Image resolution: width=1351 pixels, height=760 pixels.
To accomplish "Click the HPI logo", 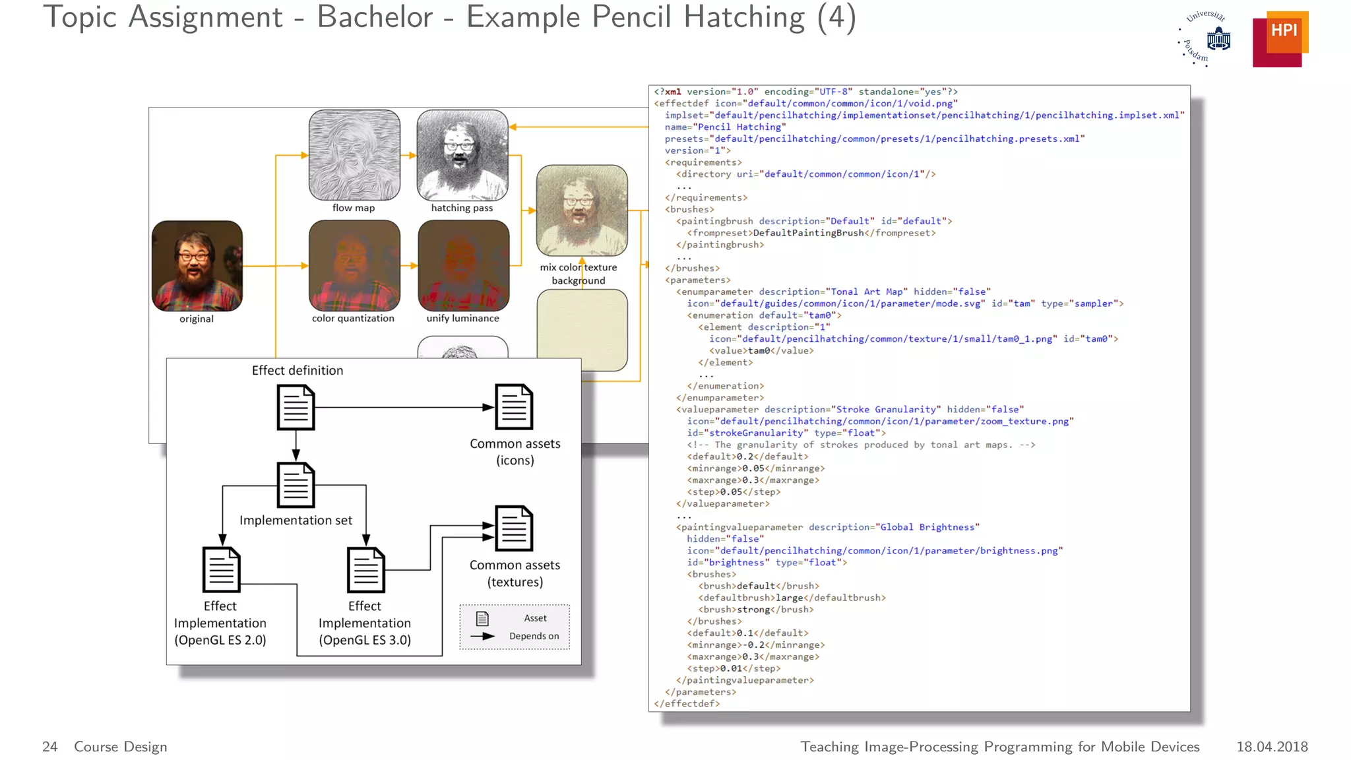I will (x=1280, y=38).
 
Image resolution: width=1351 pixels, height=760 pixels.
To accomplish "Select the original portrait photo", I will (x=197, y=266).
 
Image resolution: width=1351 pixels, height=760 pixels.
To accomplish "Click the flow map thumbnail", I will (x=354, y=155).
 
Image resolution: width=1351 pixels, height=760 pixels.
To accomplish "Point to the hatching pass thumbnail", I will (x=462, y=155).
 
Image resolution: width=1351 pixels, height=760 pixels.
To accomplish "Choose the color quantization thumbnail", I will (x=354, y=265).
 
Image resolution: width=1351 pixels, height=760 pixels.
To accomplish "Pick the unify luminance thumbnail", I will (x=463, y=265).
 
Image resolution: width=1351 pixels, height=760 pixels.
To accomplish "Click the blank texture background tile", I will (x=582, y=330).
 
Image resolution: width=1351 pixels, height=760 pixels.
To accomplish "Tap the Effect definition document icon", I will (x=296, y=408).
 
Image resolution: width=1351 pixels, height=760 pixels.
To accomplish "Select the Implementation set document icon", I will (x=296, y=485).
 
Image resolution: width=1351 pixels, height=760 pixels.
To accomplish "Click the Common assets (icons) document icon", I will (x=514, y=407).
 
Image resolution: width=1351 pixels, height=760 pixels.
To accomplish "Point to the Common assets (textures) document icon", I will (x=514, y=528).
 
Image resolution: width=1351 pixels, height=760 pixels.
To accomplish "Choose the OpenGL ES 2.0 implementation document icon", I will (x=221, y=570).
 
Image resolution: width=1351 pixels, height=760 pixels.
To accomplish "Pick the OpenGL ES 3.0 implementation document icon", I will (x=365, y=570).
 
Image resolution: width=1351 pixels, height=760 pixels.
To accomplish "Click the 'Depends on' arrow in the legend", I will (x=483, y=636).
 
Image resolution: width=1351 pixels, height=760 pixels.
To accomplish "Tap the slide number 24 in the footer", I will (x=49, y=746).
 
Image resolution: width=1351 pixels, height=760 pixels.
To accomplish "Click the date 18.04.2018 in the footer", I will (x=1271, y=746).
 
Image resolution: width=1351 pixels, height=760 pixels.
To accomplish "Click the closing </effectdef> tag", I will (x=687, y=703).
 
